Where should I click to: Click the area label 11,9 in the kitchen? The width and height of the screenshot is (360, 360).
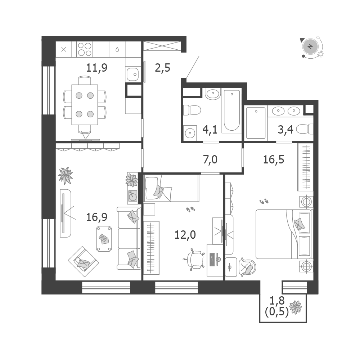(96, 68)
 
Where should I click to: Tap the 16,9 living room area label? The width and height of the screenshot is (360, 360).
(96, 217)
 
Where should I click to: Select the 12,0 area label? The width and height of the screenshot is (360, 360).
(185, 235)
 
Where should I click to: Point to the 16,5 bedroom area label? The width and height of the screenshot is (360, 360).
(274, 159)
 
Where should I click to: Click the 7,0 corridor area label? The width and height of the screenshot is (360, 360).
(210, 159)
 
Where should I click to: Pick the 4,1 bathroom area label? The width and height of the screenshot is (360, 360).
(210, 130)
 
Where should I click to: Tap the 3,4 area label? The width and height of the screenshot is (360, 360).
(285, 130)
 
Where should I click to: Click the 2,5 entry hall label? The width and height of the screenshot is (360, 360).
(163, 68)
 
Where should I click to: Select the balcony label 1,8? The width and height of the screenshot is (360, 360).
(277, 300)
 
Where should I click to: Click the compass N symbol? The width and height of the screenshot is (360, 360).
(310, 46)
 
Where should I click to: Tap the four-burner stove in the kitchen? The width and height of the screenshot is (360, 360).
(85, 49)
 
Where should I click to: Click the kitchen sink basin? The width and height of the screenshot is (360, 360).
(133, 74)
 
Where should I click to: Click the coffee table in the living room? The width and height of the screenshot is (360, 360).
(104, 239)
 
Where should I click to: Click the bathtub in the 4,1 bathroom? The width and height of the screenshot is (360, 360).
(232, 111)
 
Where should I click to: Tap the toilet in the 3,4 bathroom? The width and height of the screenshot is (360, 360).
(305, 129)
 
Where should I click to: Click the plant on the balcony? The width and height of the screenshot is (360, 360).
(296, 307)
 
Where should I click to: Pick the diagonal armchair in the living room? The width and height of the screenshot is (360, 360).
(84, 258)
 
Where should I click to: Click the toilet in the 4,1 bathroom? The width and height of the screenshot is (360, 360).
(192, 110)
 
